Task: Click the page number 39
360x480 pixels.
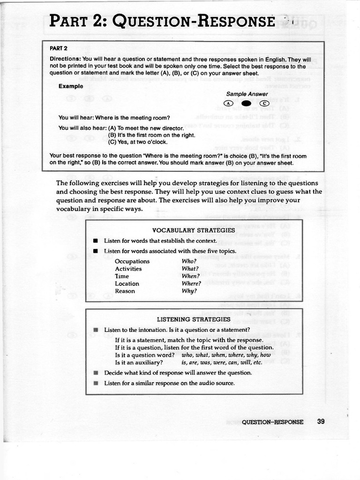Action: tap(321, 421)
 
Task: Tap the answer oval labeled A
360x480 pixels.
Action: tap(228, 103)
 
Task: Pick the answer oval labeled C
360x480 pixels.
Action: tap(263, 103)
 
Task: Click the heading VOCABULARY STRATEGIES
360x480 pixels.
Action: tap(194, 230)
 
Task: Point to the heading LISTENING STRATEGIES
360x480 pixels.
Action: tap(194, 319)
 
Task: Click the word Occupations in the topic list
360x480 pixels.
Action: tap(132, 261)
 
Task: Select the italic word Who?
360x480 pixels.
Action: tap(189, 261)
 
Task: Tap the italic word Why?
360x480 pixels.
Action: tap(189, 291)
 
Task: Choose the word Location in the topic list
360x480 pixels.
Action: tap(127, 284)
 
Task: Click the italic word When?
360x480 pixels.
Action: tap(190, 276)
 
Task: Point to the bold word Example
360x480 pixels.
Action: tap(71, 86)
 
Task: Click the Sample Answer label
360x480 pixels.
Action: tap(247, 94)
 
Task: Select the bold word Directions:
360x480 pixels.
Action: tap(66, 60)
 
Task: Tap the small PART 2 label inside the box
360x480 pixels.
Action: tap(59, 48)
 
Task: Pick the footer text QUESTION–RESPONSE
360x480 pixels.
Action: tap(272, 421)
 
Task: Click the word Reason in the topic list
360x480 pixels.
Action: tap(125, 291)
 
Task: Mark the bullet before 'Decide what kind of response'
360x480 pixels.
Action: tap(96, 373)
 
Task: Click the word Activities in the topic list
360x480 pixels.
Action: tap(128, 269)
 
